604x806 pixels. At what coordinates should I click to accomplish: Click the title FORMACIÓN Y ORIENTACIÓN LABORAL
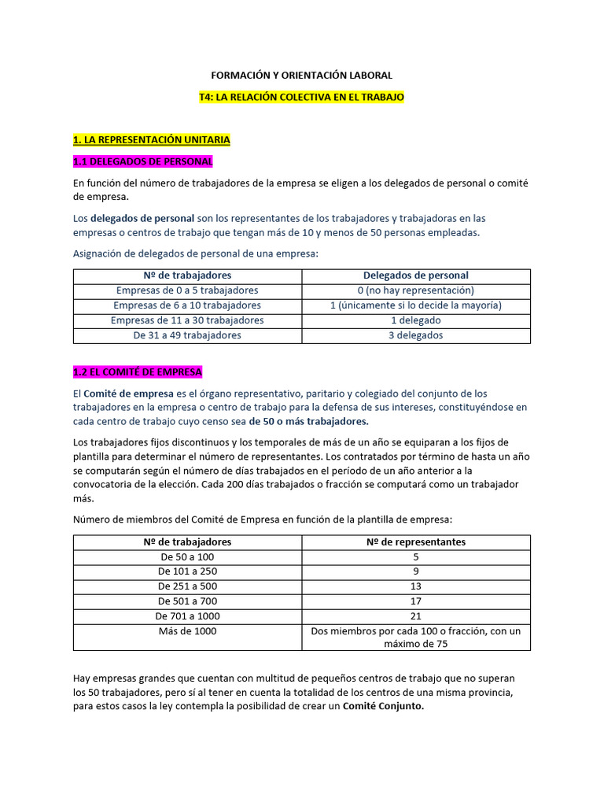[x=302, y=76]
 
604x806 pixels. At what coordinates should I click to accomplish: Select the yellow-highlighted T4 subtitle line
[x=302, y=98]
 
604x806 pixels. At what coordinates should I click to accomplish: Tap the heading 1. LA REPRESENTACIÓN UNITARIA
[x=152, y=139]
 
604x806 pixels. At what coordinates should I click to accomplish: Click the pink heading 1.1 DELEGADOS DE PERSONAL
[x=143, y=161]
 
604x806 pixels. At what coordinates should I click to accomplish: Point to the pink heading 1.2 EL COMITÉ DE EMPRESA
[x=138, y=372]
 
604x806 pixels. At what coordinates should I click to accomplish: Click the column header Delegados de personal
[x=415, y=275]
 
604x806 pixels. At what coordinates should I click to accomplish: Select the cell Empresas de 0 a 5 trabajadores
[x=187, y=290]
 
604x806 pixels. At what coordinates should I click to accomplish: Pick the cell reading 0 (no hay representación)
[x=415, y=290]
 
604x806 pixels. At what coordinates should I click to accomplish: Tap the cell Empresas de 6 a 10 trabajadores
[x=187, y=305]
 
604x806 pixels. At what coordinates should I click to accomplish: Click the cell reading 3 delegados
[x=415, y=335]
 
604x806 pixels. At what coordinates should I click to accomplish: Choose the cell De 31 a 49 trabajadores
[x=187, y=335]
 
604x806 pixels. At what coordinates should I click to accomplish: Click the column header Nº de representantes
[x=415, y=542]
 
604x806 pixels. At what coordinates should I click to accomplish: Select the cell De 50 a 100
[x=187, y=556]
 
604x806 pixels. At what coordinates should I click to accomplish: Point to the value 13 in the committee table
[x=415, y=586]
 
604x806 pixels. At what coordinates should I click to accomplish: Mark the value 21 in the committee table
[x=415, y=616]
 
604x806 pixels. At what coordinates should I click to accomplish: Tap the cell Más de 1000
[x=187, y=631]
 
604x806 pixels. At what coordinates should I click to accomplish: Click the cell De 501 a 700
[x=187, y=601]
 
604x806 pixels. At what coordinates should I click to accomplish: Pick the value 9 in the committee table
[x=415, y=571]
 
